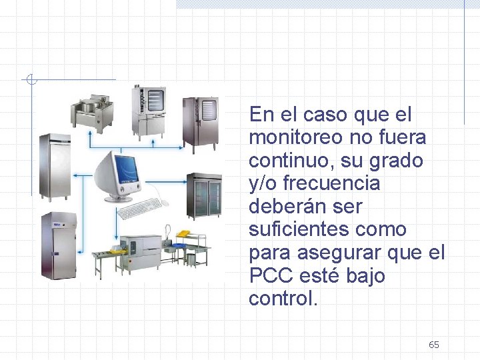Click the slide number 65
click(434, 345)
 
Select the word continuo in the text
click(288, 161)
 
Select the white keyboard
click(141, 208)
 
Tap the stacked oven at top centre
click(148, 111)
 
